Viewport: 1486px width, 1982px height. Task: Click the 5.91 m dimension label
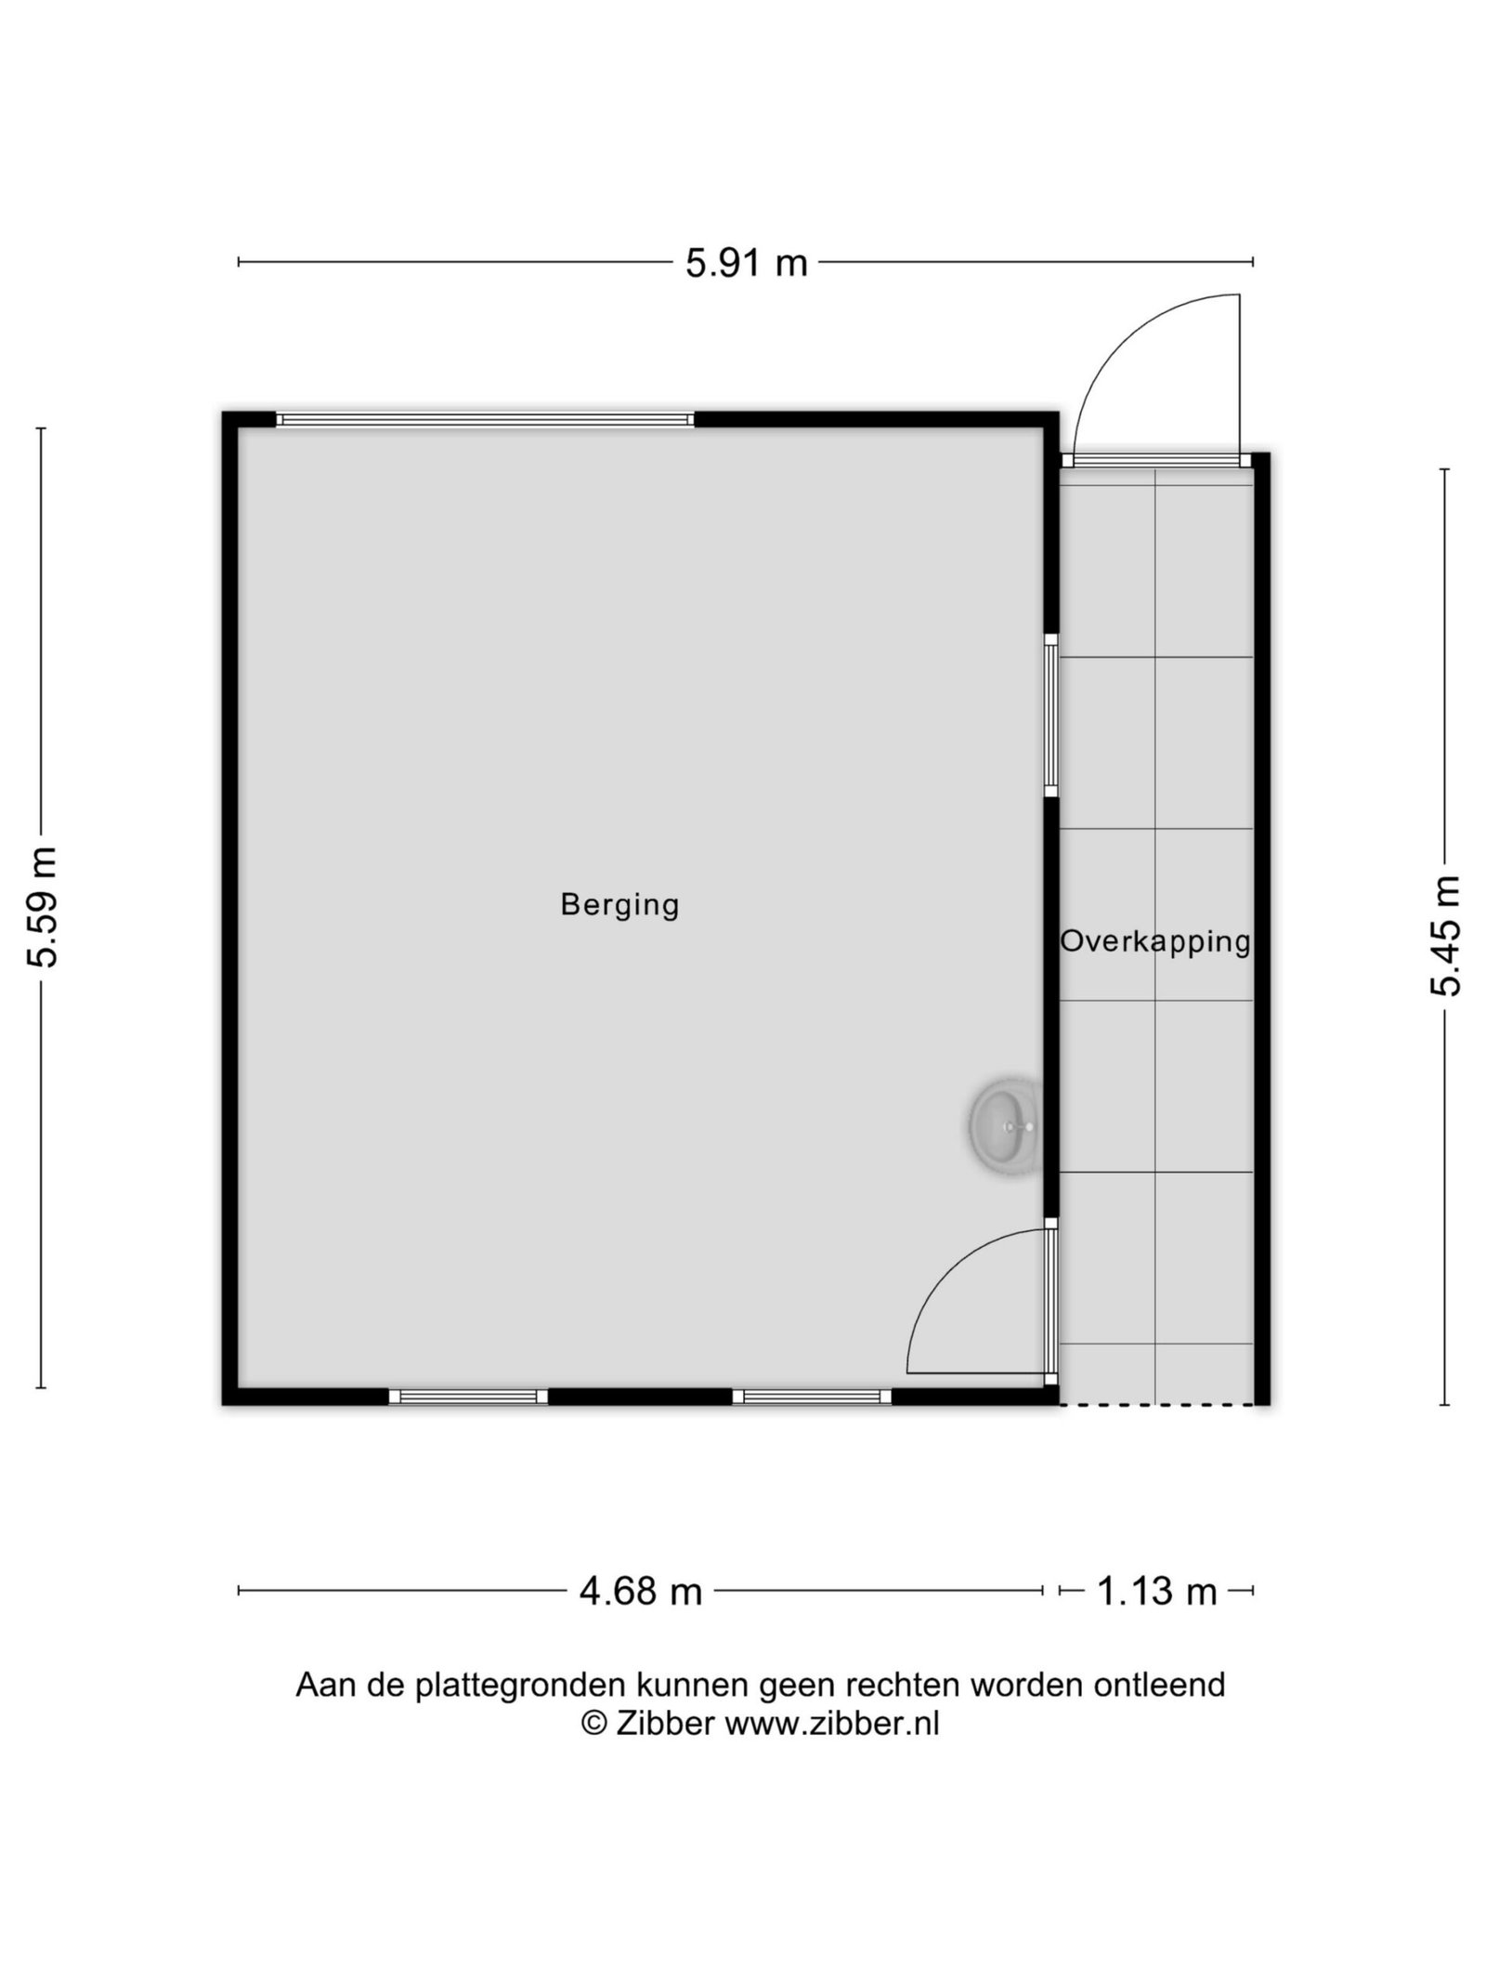coord(747,264)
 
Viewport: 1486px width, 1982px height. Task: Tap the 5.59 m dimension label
coord(43,907)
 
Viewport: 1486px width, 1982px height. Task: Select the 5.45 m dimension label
coord(1445,936)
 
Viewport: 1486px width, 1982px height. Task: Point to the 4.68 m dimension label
coord(641,1592)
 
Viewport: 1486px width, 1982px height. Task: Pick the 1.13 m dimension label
coord(1156,1592)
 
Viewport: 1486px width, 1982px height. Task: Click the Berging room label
coord(619,904)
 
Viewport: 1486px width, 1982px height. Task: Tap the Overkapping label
coord(1155,941)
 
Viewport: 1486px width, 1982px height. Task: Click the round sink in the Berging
coord(1005,1126)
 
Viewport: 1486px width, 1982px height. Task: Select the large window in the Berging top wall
coord(485,420)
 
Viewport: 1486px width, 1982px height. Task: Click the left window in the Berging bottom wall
coord(468,1397)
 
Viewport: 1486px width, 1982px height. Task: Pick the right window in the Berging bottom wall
coord(812,1397)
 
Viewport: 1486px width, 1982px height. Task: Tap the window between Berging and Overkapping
coord(1050,715)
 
